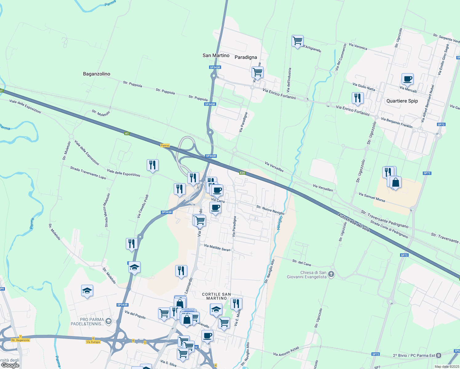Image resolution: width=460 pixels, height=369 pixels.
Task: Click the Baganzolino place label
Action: coord(97,74)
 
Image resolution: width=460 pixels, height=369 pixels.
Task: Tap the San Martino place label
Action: coord(216,55)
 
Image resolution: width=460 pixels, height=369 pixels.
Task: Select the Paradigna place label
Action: coord(246,57)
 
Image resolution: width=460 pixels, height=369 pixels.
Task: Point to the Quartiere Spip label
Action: coord(402,101)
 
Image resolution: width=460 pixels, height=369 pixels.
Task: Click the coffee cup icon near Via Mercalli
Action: coord(407,79)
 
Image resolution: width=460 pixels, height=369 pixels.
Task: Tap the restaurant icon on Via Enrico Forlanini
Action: coord(357,98)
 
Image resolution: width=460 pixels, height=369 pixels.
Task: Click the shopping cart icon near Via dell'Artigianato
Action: coord(297,41)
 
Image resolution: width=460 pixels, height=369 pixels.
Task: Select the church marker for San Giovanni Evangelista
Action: coord(331,274)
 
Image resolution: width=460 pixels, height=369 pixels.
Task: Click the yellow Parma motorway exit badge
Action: coord(165,145)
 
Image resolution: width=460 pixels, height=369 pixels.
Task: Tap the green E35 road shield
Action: coord(242,173)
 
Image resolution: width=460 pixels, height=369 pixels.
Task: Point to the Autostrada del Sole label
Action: coord(354,222)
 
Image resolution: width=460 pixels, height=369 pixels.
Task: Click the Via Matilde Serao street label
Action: coord(217,248)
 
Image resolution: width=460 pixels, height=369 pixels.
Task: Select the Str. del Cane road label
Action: coord(302,263)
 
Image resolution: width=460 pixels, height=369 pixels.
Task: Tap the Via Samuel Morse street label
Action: coord(372,197)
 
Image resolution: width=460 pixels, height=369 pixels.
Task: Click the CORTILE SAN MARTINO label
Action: coord(216,296)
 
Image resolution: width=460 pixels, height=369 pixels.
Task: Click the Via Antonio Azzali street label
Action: coord(286,351)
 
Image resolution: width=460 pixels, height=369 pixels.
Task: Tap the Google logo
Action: coord(10,365)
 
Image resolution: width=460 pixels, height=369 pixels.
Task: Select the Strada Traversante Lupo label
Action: coord(88,173)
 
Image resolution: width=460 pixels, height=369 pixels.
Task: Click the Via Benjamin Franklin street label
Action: coord(397,123)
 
